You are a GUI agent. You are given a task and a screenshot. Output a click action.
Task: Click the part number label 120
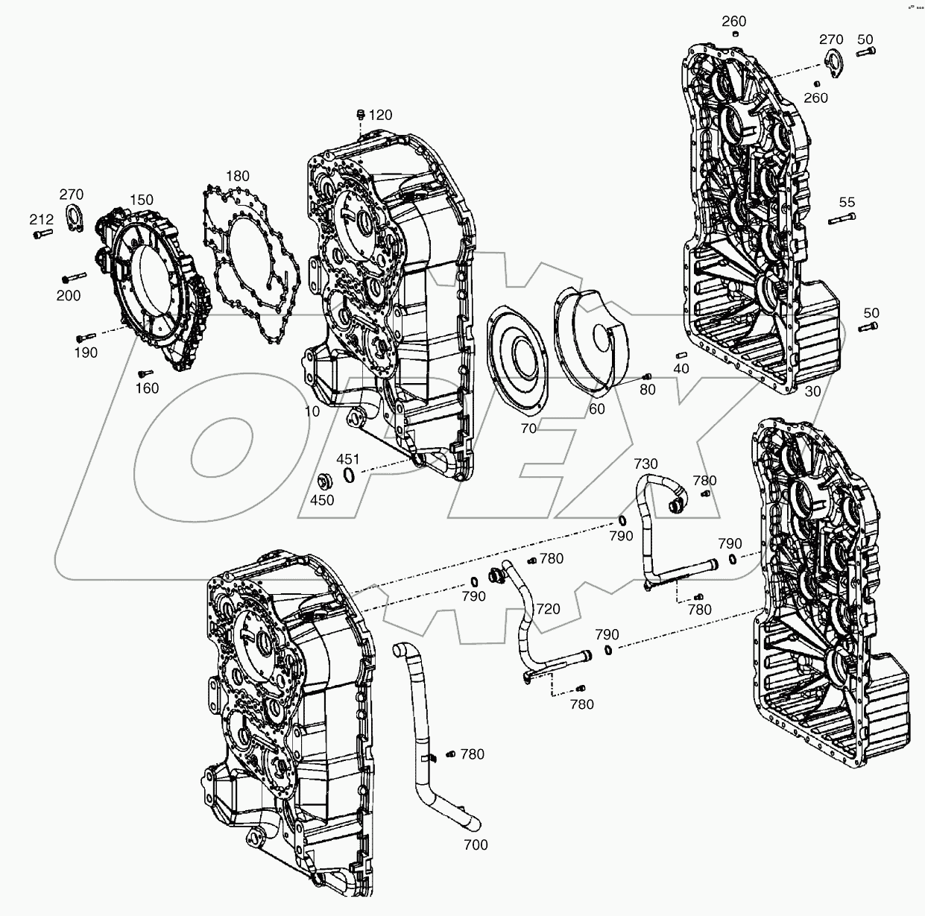pyautogui.click(x=380, y=115)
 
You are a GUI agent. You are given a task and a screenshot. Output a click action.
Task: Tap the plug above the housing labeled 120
pyautogui.click(x=361, y=114)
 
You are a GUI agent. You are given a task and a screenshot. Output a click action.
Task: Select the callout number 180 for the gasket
pyautogui.click(x=237, y=176)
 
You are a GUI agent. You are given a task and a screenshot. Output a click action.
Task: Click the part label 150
pyautogui.click(x=142, y=200)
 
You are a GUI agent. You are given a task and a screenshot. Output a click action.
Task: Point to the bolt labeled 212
pyautogui.click(x=41, y=234)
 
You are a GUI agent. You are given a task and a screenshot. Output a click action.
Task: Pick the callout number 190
pyautogui.click(x=86, y=353)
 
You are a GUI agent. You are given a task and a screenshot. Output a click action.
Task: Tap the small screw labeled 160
pyautogui.click(x=145, y=373)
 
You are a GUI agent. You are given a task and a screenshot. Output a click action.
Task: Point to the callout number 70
pyautogui.click(x=528, y=429)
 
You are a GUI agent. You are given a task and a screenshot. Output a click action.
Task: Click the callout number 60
pyautogui.click(x=596, y=408)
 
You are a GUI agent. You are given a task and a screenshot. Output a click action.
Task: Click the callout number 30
pyautogui.click(x=812, y=392)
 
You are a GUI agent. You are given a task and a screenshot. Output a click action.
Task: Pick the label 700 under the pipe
pyautogui.click(x=476, y=844)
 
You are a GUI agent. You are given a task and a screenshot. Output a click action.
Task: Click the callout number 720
pyautogui.click(x=548, y=609)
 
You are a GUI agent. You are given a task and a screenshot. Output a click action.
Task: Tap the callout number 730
pyautogui.click(x=645, y=463)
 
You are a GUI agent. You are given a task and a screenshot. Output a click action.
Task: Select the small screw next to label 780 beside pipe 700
pyautogui.click(x=449, y=755)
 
